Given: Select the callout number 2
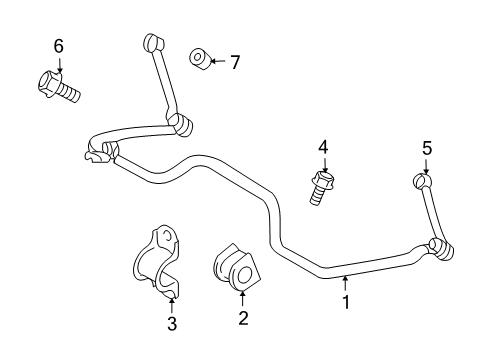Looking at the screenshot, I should pyautogui.click(x=242, y=319).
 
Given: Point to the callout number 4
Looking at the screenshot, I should pyautogui.click(x=323, y=148).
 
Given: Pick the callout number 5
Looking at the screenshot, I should pyautogui.click(x=426, y=148).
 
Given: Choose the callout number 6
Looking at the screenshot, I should pyautogui.click(x=58, y=46).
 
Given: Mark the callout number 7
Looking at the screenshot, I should pyautogui.click(x=235, y=62).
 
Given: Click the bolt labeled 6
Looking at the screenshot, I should pyautogui.click(x=61, y=86).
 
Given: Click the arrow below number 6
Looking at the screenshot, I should pyautogui.click(x=58, y=64).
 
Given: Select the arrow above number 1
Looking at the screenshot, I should pyautogui.click(x=347, y=283).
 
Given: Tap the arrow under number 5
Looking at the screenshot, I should pyautogui.click(x=426, y=166).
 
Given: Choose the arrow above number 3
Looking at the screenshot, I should pyautogui.click(x=171, y=302).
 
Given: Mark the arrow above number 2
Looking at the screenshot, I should pyautogui.click(x=242, y=298).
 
